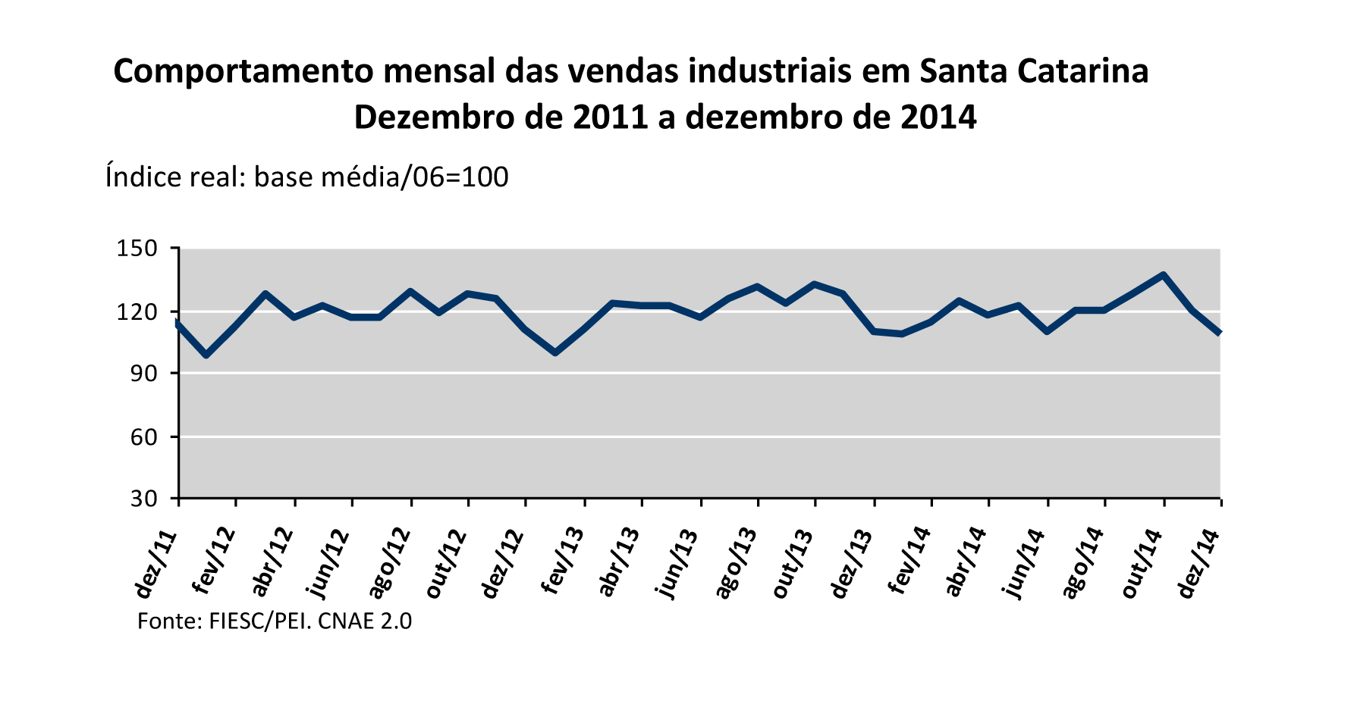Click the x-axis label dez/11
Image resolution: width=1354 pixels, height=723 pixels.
point(156,564)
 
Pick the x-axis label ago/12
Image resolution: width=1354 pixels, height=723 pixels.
point(388,564)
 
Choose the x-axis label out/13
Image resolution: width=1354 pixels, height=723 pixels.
point(793,564)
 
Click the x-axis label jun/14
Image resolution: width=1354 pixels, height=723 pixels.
point(1026,564)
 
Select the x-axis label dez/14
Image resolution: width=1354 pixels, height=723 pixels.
point(1198,564)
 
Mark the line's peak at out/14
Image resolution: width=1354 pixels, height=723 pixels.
point(1163,275)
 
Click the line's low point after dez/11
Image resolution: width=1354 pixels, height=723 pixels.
point(206,355)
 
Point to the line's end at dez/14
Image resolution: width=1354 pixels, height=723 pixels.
point(1219,333)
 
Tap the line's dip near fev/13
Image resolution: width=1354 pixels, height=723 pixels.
point(555,352)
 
